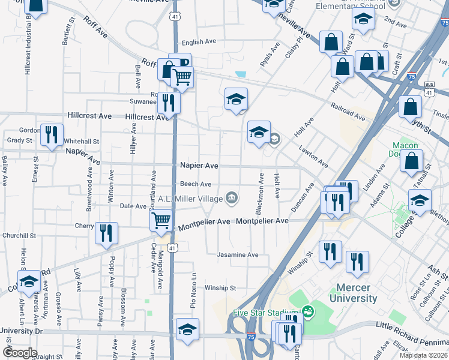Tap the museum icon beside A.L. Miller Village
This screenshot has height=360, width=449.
[x=232, y=197]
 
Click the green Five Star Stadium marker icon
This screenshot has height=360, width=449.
[x=308, y=311]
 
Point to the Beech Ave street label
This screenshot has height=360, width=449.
[x=196, y=184]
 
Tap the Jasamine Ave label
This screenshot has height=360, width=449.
[x=238, y=255]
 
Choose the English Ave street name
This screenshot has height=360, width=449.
[x=199, y=42]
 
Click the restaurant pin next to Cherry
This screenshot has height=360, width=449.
[x=106, y=233]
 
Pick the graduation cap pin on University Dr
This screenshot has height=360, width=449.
[x=187, y=329]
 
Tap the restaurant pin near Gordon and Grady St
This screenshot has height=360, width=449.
[x=52, y=134]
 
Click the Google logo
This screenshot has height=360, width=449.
[x=20, y=353]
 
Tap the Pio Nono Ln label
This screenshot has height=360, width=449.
[x=194, y=289]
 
